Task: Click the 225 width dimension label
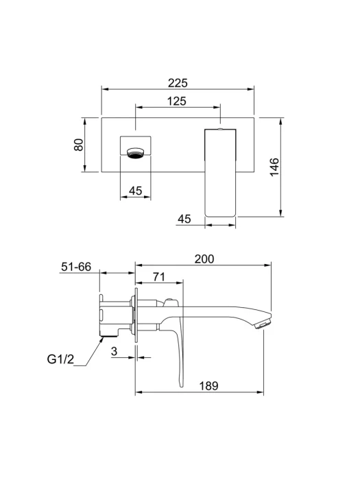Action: pos(178,83)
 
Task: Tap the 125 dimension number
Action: pos(177,101)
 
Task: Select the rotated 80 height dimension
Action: pos(79,145)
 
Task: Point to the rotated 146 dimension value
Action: pos(274,167)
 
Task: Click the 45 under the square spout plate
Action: pos(135,191)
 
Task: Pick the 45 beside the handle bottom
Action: pos(184,219)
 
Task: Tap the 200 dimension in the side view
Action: pos(204,259)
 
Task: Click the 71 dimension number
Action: pos(159,277)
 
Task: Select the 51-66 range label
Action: pos(76,267)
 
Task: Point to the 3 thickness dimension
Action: pos(115,351)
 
